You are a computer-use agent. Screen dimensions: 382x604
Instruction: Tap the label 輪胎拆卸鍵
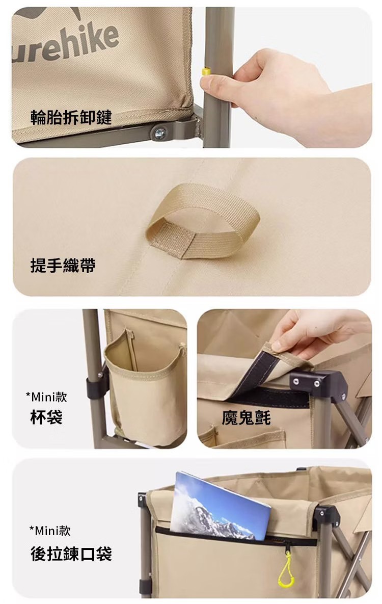[71, 117]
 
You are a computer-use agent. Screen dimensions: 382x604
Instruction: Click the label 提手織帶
[63, 266]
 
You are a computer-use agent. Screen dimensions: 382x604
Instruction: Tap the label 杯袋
[46, 417]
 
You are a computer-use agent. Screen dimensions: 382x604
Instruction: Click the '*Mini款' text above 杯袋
[46, 397]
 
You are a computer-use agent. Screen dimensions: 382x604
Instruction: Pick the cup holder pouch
[146, 389]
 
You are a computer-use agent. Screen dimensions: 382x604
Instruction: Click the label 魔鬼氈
[246, 417]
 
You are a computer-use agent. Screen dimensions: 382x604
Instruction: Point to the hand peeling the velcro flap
[316, 332]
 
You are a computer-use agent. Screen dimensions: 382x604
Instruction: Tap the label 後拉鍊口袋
[71, 554]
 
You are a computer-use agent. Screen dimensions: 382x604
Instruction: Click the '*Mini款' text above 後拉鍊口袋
[50, 531]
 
